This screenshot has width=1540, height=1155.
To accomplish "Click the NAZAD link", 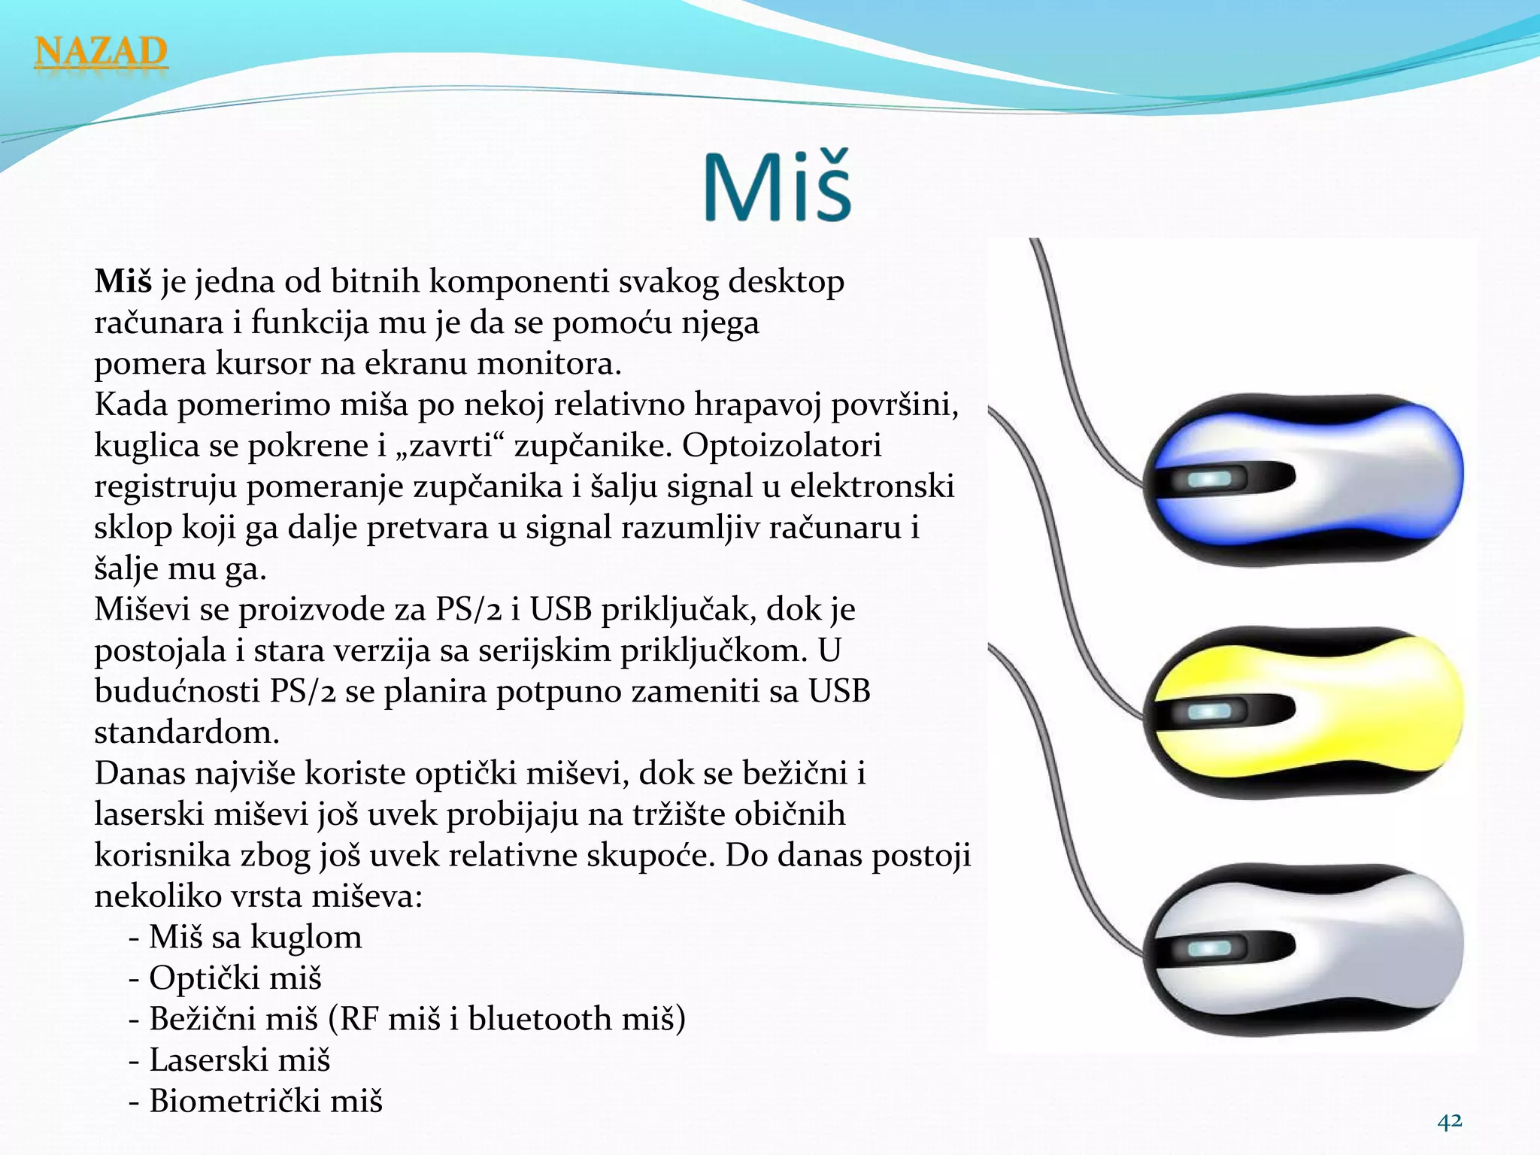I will coord(101,53).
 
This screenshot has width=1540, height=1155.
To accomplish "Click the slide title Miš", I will coord(778,186).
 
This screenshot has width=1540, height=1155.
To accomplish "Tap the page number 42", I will coord(1450,1121).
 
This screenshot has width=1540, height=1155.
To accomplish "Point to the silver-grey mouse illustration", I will coord(1305,949).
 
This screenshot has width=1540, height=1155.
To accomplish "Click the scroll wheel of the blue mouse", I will coord(1209,479).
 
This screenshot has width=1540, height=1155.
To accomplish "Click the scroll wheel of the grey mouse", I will coord(1209,949).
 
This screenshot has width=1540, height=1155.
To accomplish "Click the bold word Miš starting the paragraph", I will coord(123,282).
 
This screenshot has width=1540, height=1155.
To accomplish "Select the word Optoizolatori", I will coord(781,445).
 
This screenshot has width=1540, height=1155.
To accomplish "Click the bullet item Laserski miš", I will coord(239,1060).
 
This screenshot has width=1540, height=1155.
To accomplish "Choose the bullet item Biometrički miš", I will coord(265,1101).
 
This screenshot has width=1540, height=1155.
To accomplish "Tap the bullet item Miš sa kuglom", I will coord(255,938).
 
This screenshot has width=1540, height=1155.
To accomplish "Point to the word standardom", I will coord(186,732).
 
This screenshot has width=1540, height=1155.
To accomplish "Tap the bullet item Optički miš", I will coord(235,978).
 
